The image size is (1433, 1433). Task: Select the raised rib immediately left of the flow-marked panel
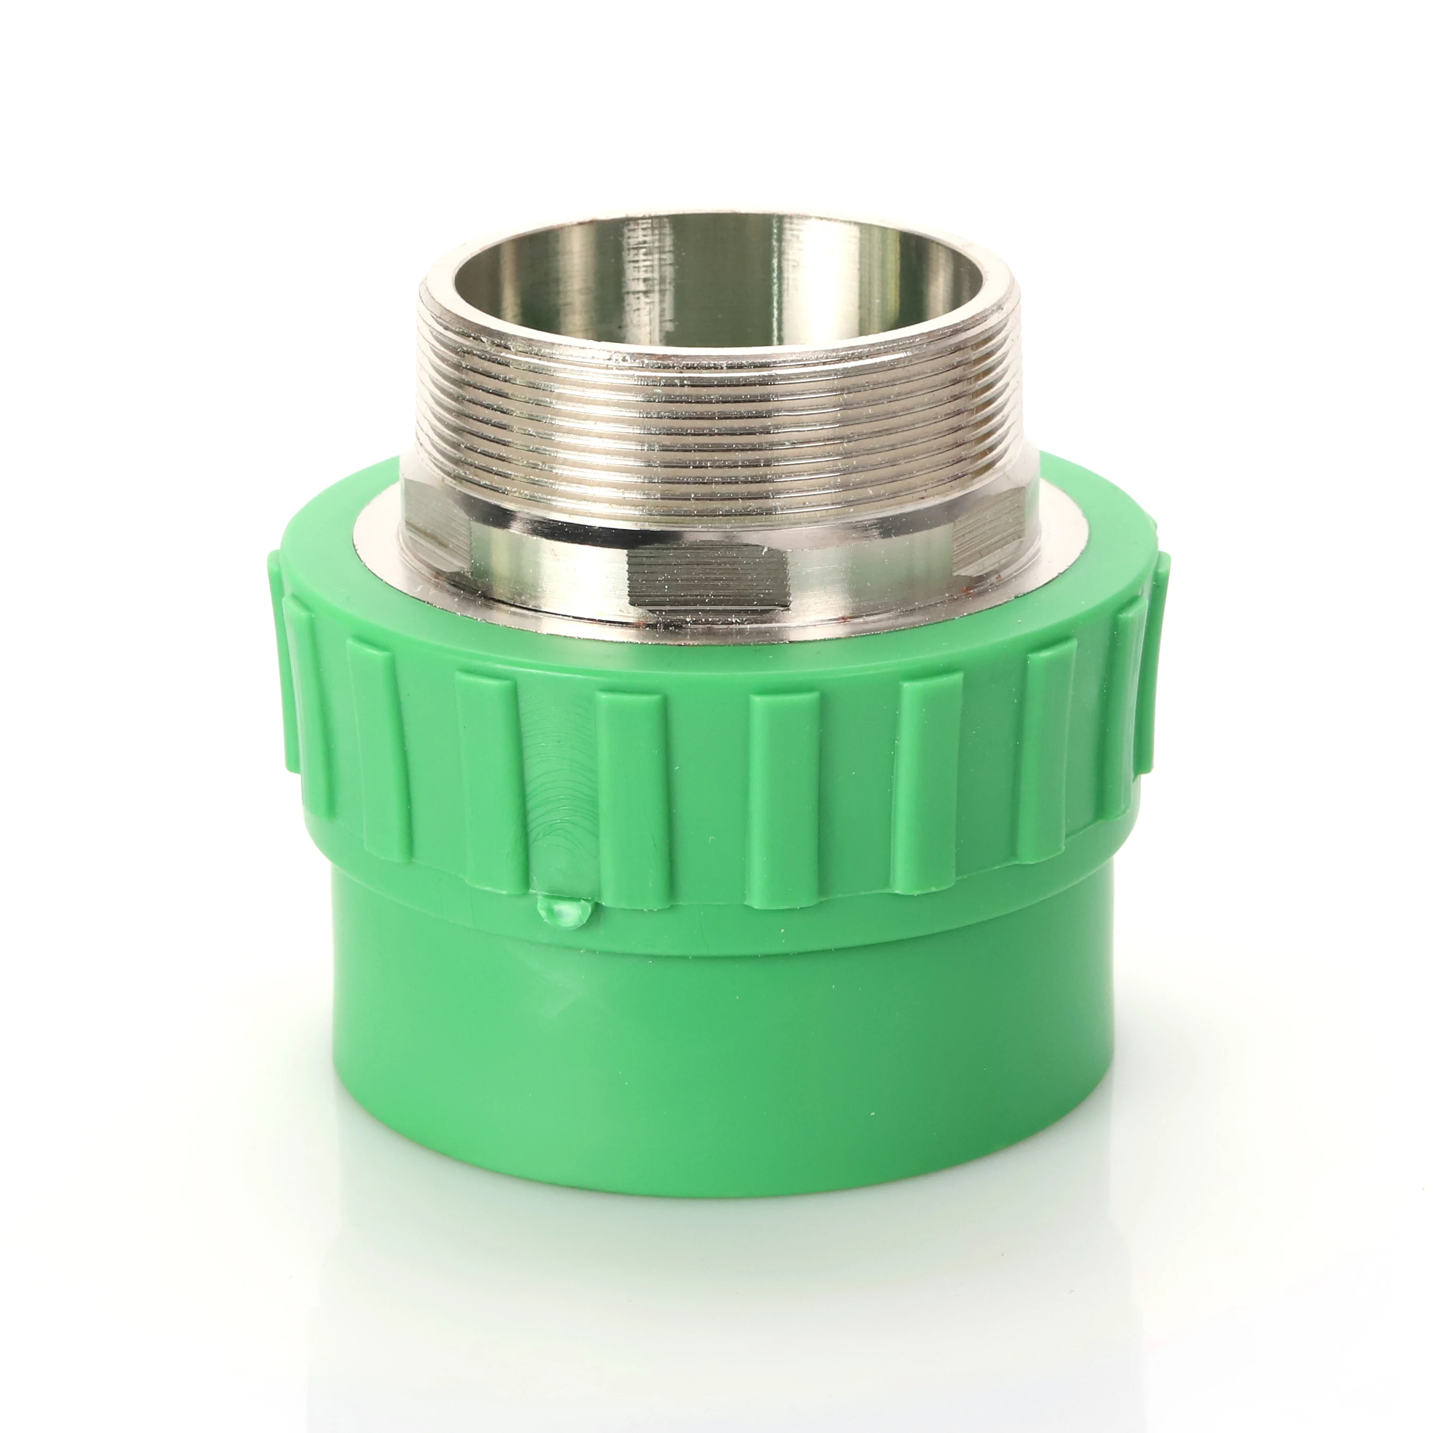click(x=486, y=772)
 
